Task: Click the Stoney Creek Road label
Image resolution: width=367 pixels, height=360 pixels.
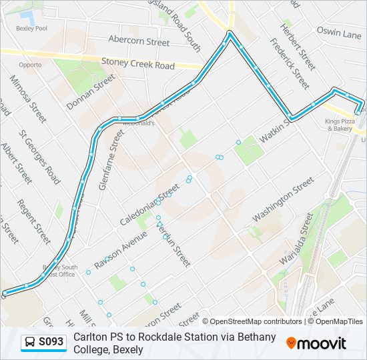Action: tap(138, 63)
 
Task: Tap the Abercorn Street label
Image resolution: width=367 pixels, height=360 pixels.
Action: tap(139, 41)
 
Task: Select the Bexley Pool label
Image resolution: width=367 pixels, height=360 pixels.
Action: tap(31, 29)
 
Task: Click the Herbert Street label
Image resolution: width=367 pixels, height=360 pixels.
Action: tap(297, 47)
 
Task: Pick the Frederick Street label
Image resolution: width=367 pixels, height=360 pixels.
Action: tap(290, 63)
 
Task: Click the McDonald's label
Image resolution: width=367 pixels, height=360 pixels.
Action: tap(142, 123)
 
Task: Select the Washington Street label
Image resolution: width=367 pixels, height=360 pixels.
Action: tap(283, 200)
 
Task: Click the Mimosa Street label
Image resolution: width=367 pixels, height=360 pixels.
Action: tap(27, 99)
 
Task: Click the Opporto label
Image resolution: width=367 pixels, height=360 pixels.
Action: tap(30, 65)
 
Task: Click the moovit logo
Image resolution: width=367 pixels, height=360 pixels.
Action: tap(316, 343)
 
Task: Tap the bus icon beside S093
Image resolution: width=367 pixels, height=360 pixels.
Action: tap(30, 343)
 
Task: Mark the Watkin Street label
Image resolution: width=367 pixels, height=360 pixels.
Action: tap(270, 130)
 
